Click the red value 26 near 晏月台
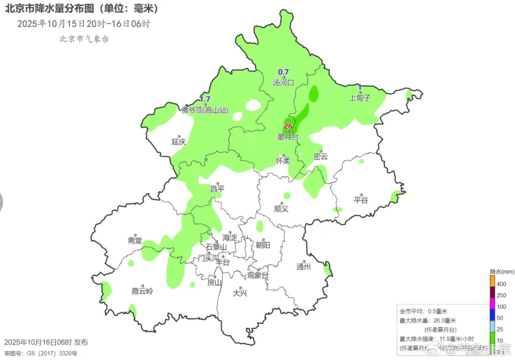288,126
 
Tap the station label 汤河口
283,82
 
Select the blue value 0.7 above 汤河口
283,72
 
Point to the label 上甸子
360,98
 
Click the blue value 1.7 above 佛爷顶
205,99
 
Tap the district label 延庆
179,142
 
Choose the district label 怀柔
283,161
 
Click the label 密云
320,156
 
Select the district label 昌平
217,189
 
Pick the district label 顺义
281,208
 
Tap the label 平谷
361,200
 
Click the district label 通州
303,267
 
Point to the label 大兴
240,293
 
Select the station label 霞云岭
143,291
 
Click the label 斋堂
135,241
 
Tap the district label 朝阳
263,245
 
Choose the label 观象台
257,276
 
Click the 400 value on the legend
501,284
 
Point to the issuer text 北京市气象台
84,39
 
